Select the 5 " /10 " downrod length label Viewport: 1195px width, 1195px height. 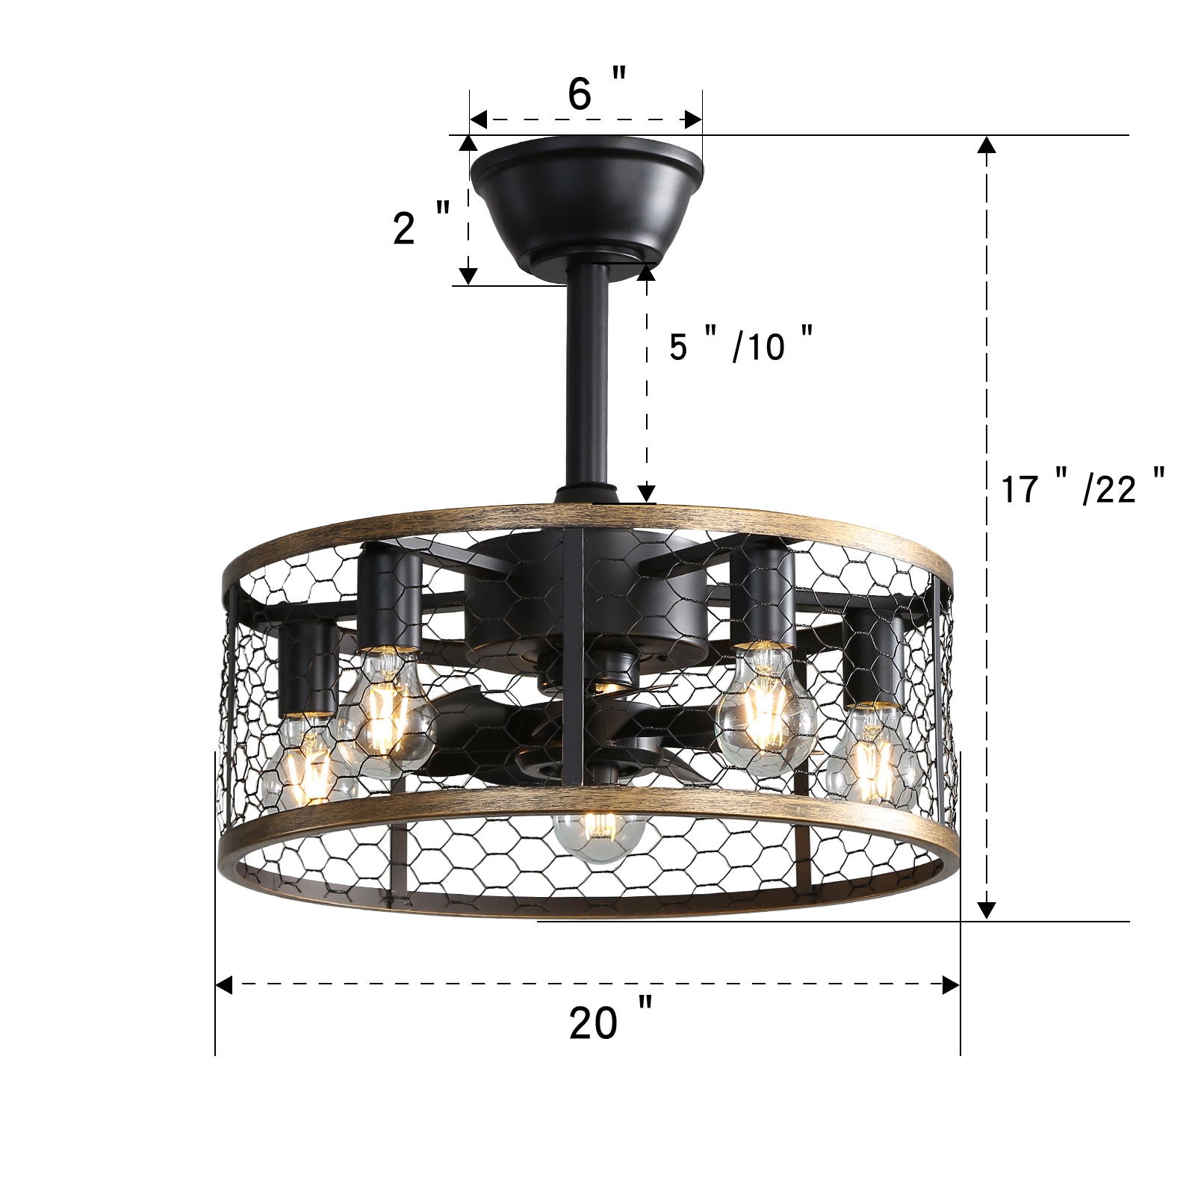[x=740, y=344]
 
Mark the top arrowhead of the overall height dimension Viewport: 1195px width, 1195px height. [x=987, y=146]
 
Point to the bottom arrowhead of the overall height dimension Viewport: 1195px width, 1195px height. [x=987, y=910]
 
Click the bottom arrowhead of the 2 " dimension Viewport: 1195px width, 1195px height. [x=468, y=276]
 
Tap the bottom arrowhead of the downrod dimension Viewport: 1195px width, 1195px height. [x=647, y=493]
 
